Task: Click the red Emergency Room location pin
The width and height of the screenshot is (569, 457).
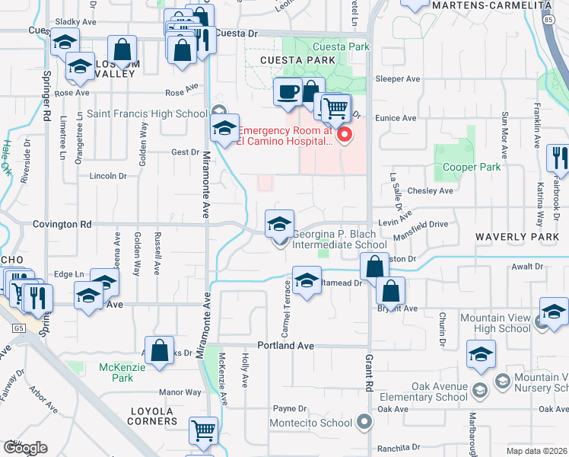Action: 344,136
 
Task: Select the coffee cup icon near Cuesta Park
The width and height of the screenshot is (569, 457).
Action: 287,92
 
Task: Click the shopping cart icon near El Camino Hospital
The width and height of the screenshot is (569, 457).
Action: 335,107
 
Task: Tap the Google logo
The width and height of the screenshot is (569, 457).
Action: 25,447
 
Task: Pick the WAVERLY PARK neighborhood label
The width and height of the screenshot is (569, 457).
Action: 517,237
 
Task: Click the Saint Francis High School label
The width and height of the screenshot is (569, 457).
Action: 146,113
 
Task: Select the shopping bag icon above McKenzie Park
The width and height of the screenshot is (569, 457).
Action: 160,352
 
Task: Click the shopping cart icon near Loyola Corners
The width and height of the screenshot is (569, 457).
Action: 203,431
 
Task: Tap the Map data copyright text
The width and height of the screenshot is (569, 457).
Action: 536,451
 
